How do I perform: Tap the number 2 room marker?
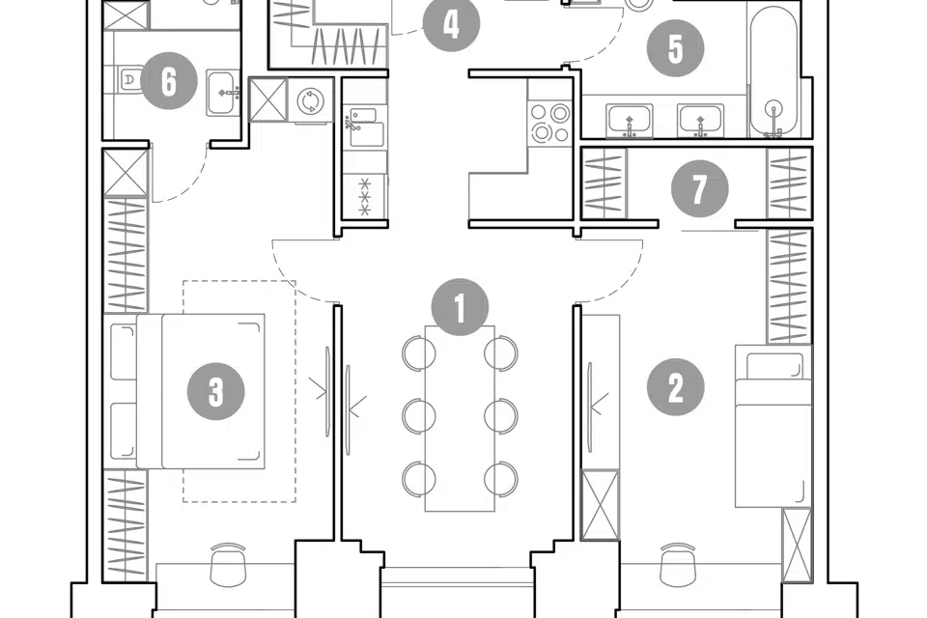click(x=675, y=388)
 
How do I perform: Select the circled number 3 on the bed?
click(x=215, y=391)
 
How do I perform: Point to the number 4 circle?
click(x=452, y=25)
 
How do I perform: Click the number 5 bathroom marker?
click(x=674, y=48)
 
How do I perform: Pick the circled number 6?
click(x=169, y=81)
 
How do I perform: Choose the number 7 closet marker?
click(x=698, y=190)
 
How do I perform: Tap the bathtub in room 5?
click(x=773, y=72)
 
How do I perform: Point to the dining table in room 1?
click(x=460, y=418)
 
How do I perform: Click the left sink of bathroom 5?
click(x=630, y=122)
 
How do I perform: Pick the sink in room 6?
click(x=224, y=93)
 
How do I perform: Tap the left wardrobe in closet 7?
click(x=604, y=183)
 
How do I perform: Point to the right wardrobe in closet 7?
click(x=789, y=183)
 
